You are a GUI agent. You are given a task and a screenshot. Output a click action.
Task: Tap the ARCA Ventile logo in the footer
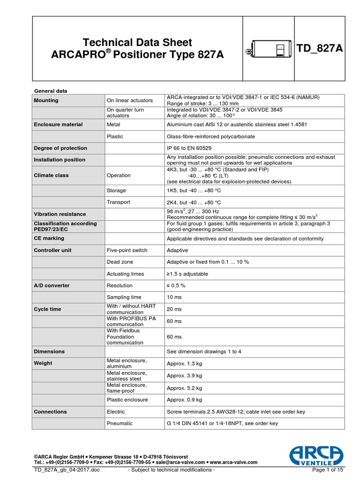point(316,456)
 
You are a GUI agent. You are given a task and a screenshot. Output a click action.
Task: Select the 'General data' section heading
point(52,90)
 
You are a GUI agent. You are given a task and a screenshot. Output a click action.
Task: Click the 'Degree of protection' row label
point(60,148)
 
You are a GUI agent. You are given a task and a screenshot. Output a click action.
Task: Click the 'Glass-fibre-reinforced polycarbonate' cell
point(211,136)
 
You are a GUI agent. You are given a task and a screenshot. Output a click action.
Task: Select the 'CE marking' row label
point(49,239)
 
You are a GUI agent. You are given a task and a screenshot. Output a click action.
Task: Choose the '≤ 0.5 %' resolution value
point(176,285)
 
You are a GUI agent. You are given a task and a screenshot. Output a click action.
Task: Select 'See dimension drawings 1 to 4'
point(204,352)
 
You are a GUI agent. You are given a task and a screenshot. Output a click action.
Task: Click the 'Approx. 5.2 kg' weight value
point(185,388)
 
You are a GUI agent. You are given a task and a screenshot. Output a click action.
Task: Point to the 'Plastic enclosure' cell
point(127,400)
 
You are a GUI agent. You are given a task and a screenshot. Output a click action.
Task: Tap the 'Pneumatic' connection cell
point(120,423)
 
